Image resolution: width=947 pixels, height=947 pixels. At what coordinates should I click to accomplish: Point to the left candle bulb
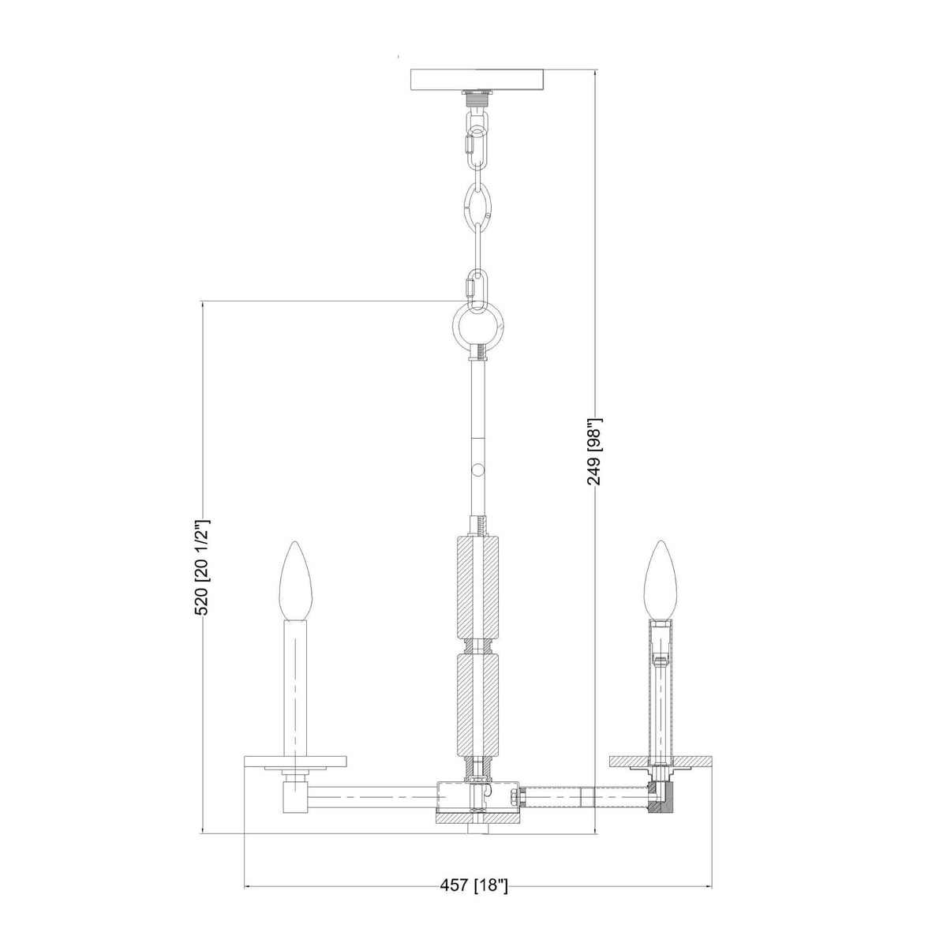[x=293, y=580]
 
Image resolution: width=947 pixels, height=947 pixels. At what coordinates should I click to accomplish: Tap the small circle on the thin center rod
[x=477, y=470]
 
